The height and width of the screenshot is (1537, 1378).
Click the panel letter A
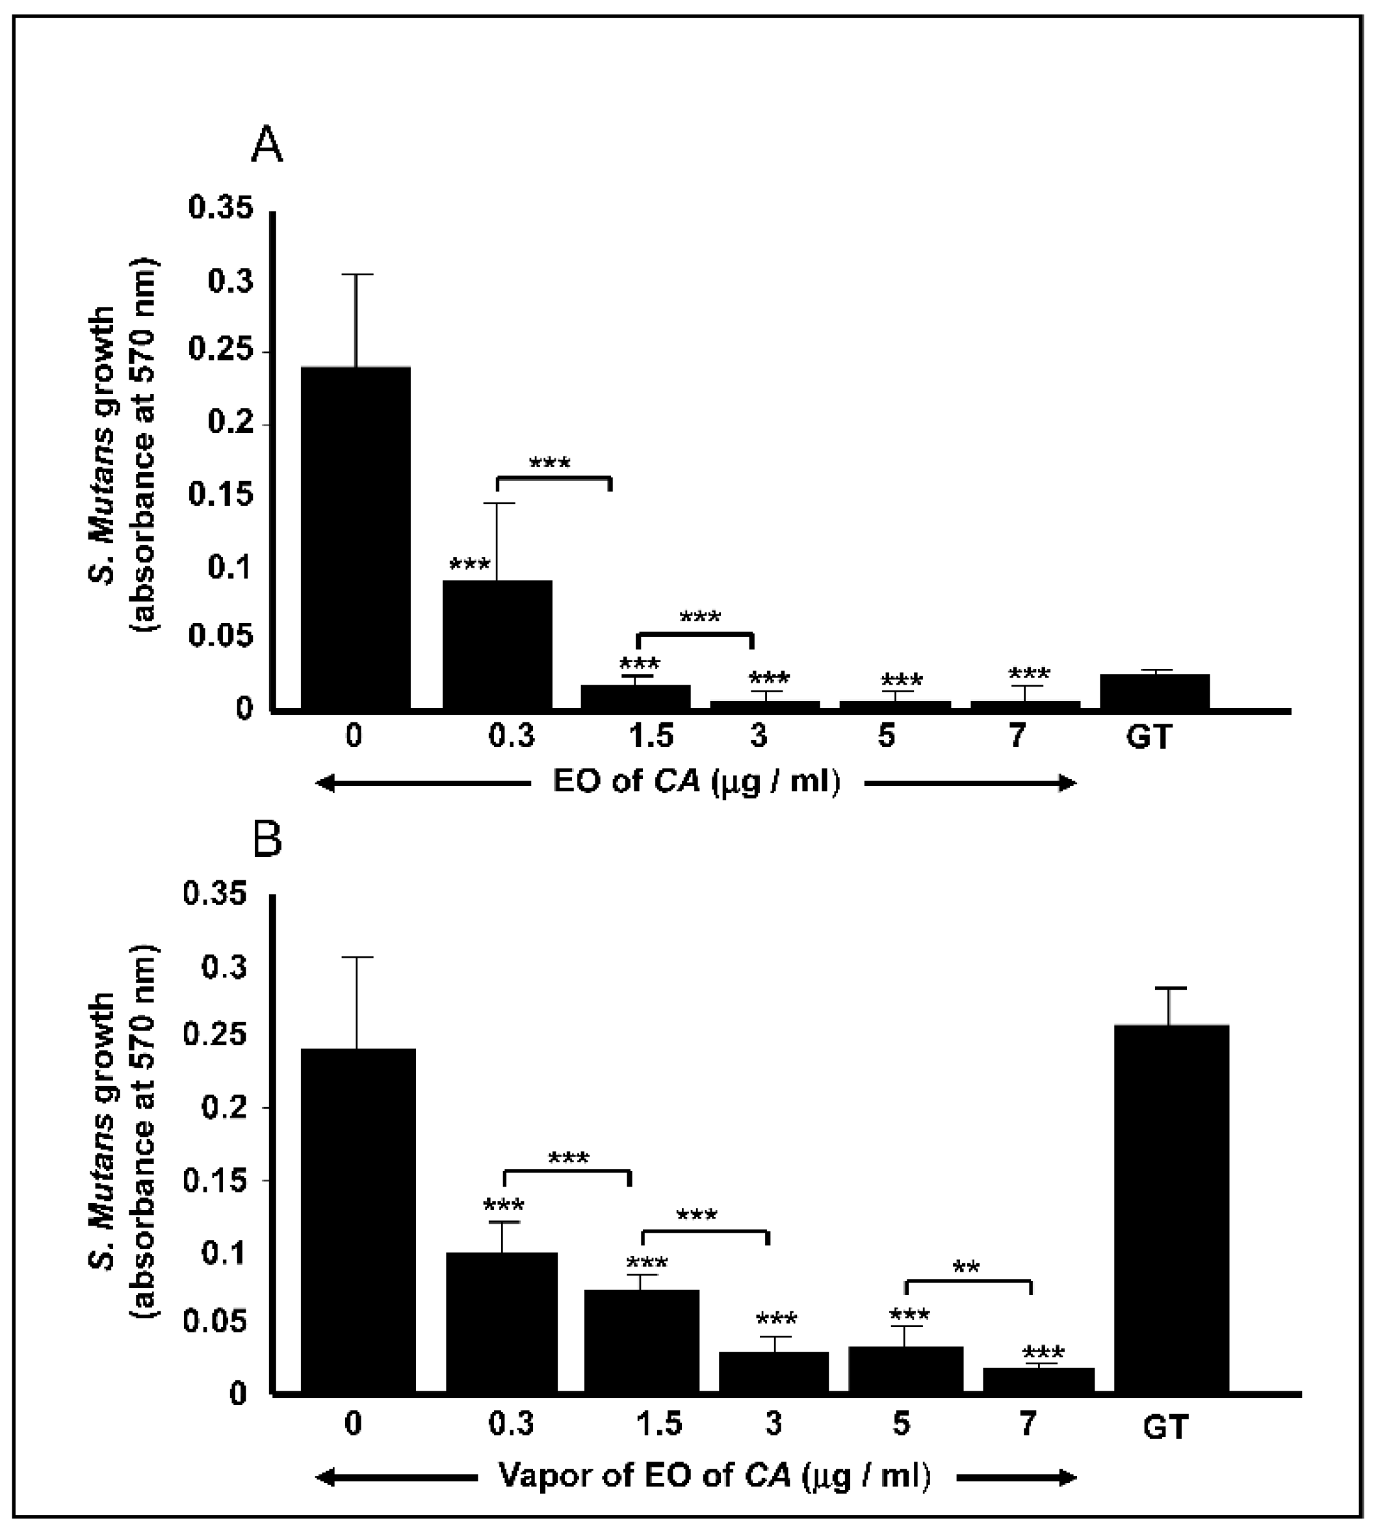click(x=266, y=146)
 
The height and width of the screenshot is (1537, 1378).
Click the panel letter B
click(x=266, y=841)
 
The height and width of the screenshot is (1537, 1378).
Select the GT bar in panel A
click(x=1154, y=691)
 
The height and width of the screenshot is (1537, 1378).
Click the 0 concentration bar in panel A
click(x=356, y=538)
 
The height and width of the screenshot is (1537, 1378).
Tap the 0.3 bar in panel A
click(x=497, y=644)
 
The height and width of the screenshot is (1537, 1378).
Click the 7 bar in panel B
click(x=1038, y=1379)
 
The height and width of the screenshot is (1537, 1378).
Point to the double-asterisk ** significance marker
click(x=967, y=1267)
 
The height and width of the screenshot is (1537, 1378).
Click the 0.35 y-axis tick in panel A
click(x=220, y=209)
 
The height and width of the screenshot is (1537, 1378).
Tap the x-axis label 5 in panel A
click(x=887, y=736)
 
